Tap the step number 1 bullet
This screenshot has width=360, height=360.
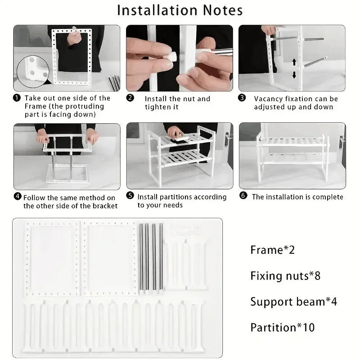[17, 98]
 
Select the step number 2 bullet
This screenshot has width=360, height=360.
[130, 98]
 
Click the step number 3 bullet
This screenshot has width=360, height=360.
[242, 98]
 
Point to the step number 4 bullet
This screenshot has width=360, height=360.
[17, 197]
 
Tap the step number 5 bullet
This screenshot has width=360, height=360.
[130, 197]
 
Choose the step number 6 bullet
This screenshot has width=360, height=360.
[243, 197]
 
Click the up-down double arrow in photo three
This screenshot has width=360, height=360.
[294, 68]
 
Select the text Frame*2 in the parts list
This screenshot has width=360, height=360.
[272, 250]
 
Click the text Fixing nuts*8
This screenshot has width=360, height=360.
[285, 275]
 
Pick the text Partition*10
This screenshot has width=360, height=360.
[283, 327]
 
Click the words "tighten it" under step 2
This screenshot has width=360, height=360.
[162, 107]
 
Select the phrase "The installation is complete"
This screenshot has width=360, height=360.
[297, 197]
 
